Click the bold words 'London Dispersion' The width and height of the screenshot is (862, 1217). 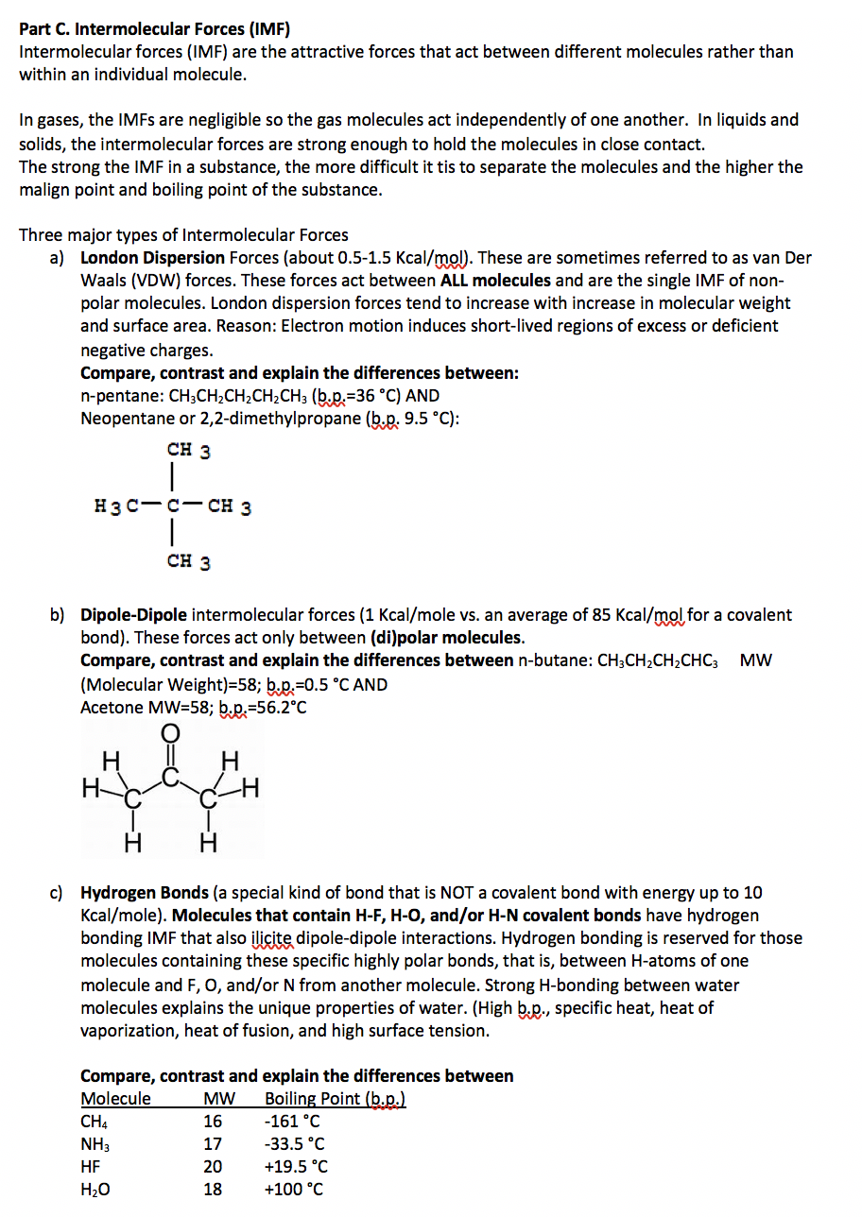coord(152,258)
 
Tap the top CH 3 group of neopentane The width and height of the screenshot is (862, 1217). coord(189,451)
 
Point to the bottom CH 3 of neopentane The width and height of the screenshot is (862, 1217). coord(189,562)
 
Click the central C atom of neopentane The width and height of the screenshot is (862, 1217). coord(171,506)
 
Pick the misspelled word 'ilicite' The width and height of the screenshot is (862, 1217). coord(270,938)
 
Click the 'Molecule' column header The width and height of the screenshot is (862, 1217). coord(115,1099)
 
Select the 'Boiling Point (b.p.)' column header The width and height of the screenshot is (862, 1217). coord(335,1099)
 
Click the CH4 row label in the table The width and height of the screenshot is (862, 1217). coord(94,1123)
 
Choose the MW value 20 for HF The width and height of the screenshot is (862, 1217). coord(213,1167)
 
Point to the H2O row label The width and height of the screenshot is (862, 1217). coord(95,1191)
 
